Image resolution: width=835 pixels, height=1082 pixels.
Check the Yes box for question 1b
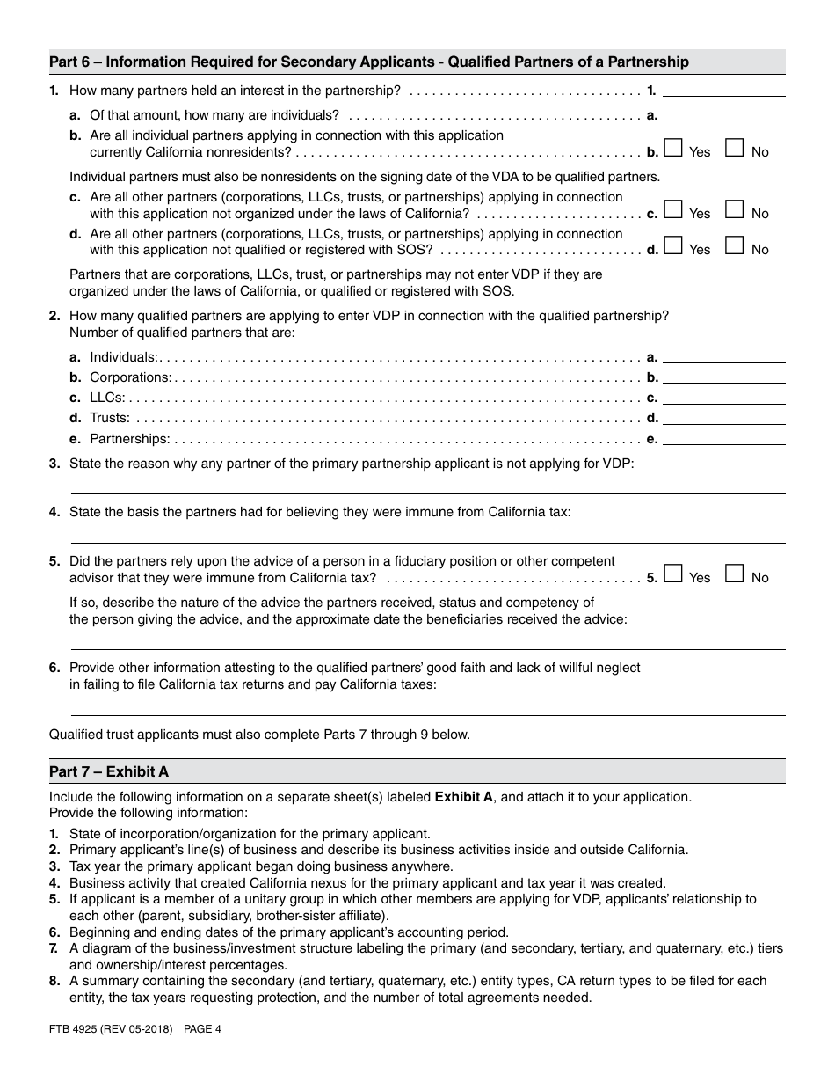673,149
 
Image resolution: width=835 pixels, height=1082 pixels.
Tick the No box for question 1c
735,210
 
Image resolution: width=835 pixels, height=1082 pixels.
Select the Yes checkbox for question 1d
673,246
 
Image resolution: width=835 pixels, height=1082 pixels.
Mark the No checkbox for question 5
735,574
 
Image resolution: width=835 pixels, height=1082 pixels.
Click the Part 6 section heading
369,62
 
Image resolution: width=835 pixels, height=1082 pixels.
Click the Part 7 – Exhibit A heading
109,771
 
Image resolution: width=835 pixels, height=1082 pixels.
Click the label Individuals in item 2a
123,357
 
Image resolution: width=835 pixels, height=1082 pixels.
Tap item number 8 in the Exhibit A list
54,981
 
